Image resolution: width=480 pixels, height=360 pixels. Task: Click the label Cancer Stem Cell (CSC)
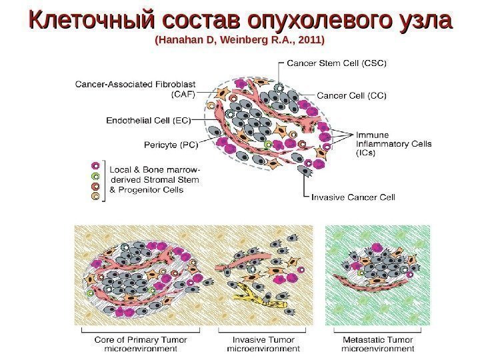(x=337, y=64)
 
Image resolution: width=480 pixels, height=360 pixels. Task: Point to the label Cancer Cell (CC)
(x=351, y=95)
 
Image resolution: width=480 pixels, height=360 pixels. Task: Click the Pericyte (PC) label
(x=167, y=143)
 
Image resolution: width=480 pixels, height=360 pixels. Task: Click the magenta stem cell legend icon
(x=96, y=165)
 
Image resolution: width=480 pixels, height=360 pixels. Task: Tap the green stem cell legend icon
(x=96, y=176)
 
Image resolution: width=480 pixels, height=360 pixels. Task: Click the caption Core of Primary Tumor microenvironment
(x=141, y=343)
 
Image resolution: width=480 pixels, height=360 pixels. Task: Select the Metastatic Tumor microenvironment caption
(x=377, y=343)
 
